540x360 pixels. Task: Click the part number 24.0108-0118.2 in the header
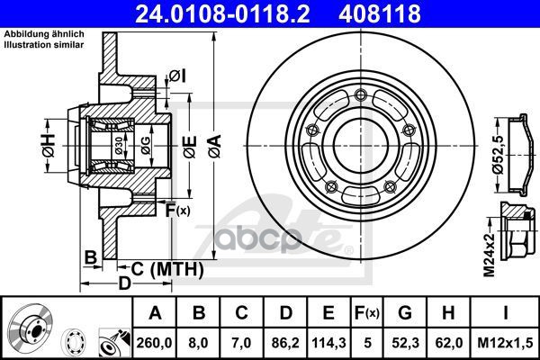point(223,13)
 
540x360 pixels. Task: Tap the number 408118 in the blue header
point(380,13)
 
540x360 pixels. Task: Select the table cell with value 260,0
point(154,343)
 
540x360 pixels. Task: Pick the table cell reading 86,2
point(285,343)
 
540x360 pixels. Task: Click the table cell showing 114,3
point(328,343)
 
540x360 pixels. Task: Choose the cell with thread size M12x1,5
point(505,343)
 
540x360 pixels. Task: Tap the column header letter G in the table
point(405,313)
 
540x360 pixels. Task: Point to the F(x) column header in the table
point(367,313)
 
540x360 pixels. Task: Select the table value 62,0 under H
point(448,343)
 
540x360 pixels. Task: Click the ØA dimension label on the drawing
point(216,147)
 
